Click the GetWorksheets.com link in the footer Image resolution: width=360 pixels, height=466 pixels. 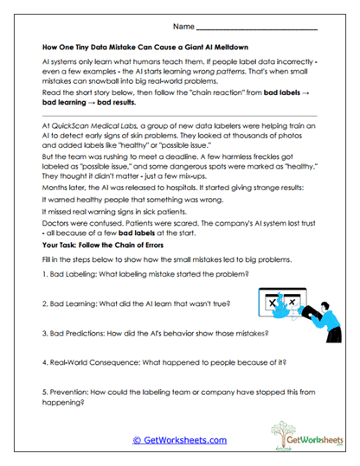click(x=179, y=438)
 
